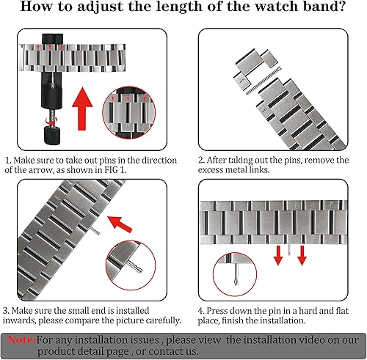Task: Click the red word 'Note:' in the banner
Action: click(x=21, y=339)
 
